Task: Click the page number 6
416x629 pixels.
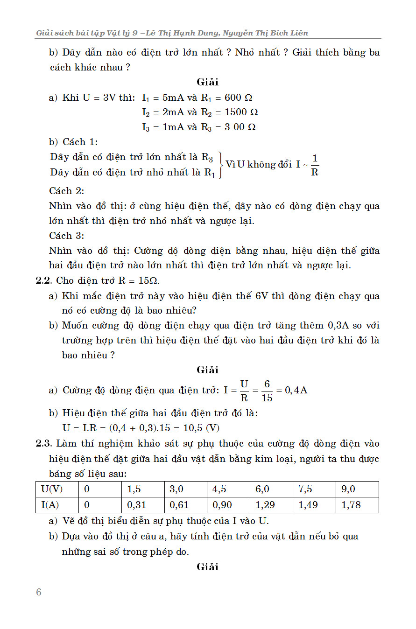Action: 39,592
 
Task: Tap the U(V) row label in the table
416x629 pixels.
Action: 52,489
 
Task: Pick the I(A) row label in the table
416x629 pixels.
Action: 52,505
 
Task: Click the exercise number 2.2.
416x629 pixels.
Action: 45,280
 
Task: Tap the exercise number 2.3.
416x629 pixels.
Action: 45,443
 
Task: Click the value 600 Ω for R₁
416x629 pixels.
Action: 239,98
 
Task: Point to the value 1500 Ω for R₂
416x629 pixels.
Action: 241,112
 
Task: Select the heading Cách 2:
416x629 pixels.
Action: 67,191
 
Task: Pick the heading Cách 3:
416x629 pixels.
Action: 67,236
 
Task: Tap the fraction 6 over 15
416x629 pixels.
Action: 267,391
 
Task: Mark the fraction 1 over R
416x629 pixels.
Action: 315,165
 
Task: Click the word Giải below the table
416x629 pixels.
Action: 208,567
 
